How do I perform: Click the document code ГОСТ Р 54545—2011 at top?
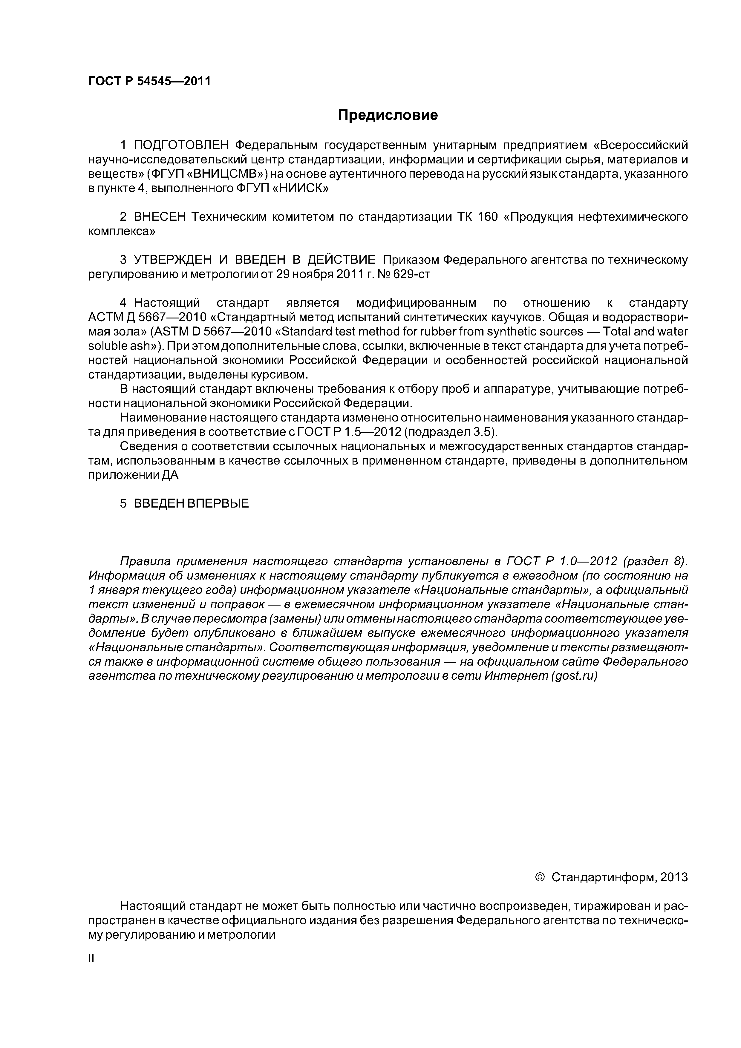149,81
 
